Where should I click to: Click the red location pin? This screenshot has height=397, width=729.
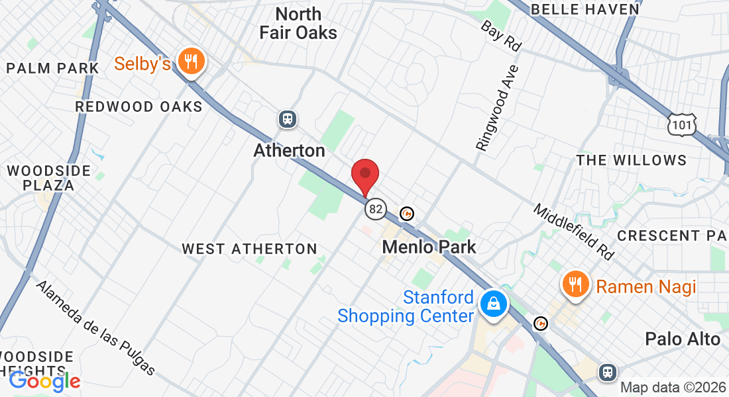click(364, 175)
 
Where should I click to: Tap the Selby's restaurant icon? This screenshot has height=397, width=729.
click(192, 62)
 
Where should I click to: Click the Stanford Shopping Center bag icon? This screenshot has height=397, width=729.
click(494, 304)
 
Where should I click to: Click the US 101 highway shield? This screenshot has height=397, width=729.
click(682, 124)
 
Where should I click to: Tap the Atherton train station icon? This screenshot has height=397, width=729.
click(287, 119)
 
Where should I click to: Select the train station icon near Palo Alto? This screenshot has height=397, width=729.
click(607, 373)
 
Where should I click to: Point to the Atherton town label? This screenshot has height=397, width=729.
click(290, 151)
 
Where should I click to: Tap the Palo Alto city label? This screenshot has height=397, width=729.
click(683, 339)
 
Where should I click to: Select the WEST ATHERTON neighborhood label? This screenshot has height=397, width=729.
click(250, 249)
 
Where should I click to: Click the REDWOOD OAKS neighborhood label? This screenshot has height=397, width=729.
click(139, 107)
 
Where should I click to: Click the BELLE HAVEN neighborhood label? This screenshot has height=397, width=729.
click(585, 9)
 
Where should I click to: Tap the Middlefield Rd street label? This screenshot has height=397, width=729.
click(574, 231)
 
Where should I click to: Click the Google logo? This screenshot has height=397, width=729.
click(44, 380)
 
